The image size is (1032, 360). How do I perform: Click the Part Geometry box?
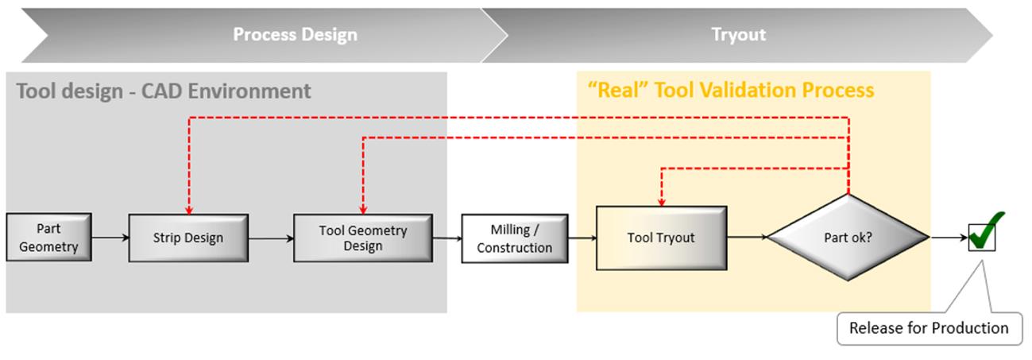[x=48, y=237]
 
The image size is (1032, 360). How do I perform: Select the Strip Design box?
[x=188, y=238]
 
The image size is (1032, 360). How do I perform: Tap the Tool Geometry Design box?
[x=363, y=238]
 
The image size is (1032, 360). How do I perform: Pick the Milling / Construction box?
[x=515, y=238]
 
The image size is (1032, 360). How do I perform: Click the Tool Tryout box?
[x=662, y=238]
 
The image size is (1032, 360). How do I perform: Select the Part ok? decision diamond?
[x=848, y=237]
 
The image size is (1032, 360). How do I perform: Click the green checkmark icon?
[x=985, y=232]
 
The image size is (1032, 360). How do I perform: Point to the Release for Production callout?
[x=930, y=328]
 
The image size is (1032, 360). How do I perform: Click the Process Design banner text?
[x=296, y=35]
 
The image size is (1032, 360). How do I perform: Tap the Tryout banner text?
[x=739, y=35]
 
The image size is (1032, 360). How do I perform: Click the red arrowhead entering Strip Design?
[x=189, y=210]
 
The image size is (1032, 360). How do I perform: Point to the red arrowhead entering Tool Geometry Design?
[x=363, y=210]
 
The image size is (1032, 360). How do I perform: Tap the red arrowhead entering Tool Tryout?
[x=662, y=203]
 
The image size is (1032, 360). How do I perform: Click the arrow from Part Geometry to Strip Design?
[x=110, y=238]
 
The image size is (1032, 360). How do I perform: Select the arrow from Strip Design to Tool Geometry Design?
[x=272, y=238]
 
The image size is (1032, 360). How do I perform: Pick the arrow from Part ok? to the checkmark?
[x=949, y=238]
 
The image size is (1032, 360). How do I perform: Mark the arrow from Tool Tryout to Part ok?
[x=748, y=238]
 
